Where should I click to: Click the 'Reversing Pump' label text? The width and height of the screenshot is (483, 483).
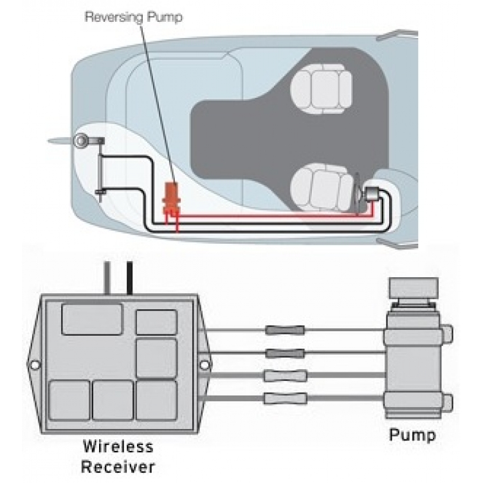pyautogui.click(x=133, y=17)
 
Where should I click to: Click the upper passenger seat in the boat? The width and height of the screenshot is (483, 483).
pyautogui.click(x=322, y=88)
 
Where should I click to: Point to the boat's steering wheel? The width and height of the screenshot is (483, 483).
pyautogui.click(x=358, y=194)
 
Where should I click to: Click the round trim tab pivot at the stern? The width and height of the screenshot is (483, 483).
pyautogui.click(x=81, y=140)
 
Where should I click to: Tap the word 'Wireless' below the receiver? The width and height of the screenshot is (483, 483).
pyautogui.click(x=118, y=446)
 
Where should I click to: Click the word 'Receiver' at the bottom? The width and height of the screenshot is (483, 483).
pyautogui.click(x=118, y=467)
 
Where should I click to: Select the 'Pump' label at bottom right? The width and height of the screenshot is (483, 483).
pyautogui.click(x=412, y=435)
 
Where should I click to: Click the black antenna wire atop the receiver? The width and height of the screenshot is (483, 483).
pyautogui.click(x=130, y=278)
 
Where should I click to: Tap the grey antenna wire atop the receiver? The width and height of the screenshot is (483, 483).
pyautogui.click(x=107, y=278)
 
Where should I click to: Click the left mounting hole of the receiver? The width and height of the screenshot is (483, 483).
pyautogui.click(x=35, y=365)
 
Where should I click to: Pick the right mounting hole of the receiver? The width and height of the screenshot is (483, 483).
pyautogui.click(x=205, y=365)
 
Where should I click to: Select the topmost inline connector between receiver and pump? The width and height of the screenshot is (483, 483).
pyautogui.click(x=285, y=330)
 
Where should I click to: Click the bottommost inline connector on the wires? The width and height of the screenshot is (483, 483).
pyautogui.click(x=286, y=398)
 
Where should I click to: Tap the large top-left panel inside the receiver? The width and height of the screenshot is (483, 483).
pyautogui.click(x=92, y=319)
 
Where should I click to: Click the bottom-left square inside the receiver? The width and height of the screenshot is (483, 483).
pyautogui.click(x=69, y=400)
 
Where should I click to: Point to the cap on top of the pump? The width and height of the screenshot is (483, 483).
pyautogui.click(x=414, y=287)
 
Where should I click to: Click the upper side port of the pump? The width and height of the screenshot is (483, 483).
pyautogui.click(x=448, y=334)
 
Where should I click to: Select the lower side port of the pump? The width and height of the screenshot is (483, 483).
pyautogui.click(x=448, y=403)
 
